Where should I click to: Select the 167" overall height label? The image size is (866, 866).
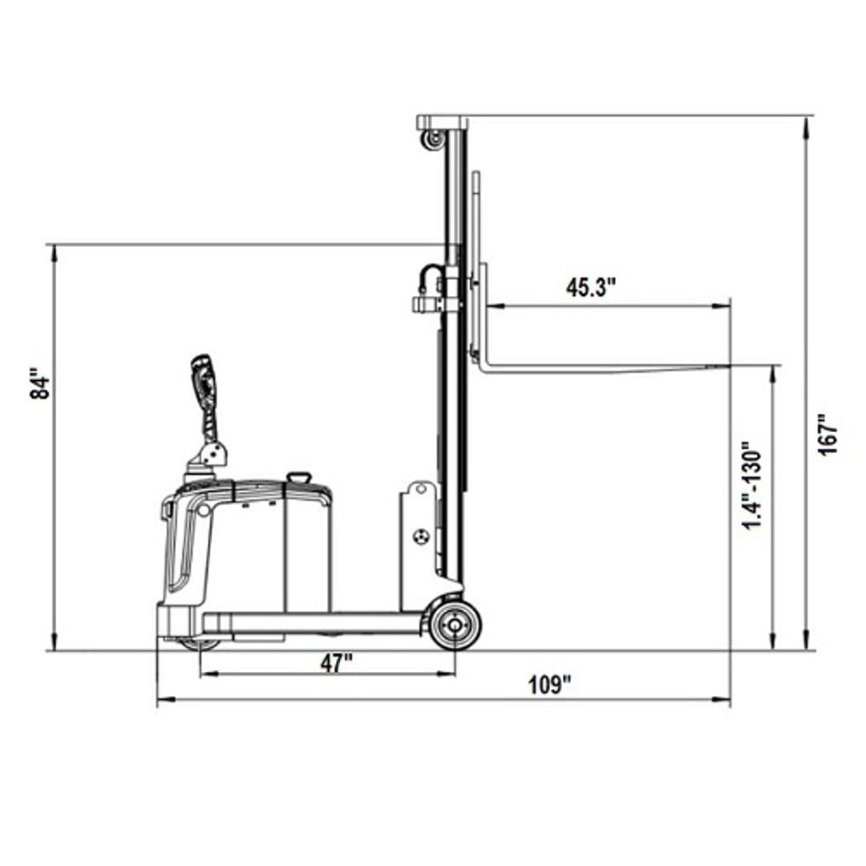[828, 434]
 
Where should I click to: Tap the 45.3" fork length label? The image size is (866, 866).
[590, 288]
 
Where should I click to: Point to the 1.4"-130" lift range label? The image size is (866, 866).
[751, 485]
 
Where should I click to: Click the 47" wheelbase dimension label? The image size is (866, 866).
[336, 663]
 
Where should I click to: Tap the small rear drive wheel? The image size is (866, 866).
[200, 645]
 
